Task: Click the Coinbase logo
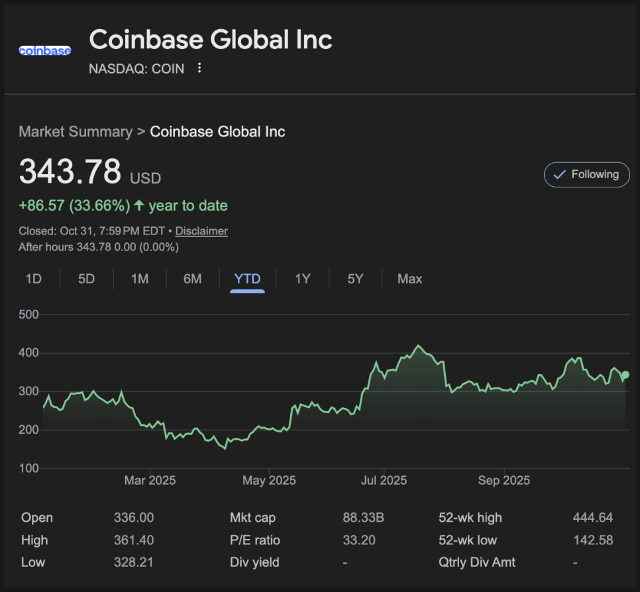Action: tap(44, 50)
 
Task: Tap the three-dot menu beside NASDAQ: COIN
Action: tap(199, 68)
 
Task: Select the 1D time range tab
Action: tap(33, 279)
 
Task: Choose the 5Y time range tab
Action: tap(355, 279)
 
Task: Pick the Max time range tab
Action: tap(409, 279)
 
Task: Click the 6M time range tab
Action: tap(192, 279)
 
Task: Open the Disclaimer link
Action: tap(201, 231)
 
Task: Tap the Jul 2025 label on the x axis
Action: tap(383, 480)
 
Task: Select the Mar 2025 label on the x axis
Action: tap(150, 480)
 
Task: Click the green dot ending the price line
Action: tap(625, 375)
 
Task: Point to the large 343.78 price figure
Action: tap(70, 171)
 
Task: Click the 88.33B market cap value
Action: tap(363, 518)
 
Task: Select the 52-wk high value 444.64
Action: tap(592, 518)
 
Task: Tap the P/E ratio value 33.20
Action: tap(359, 540)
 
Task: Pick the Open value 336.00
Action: tap(133, 518)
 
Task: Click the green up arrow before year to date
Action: tap(139, 205)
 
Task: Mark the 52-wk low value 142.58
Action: tap(592, 540)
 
